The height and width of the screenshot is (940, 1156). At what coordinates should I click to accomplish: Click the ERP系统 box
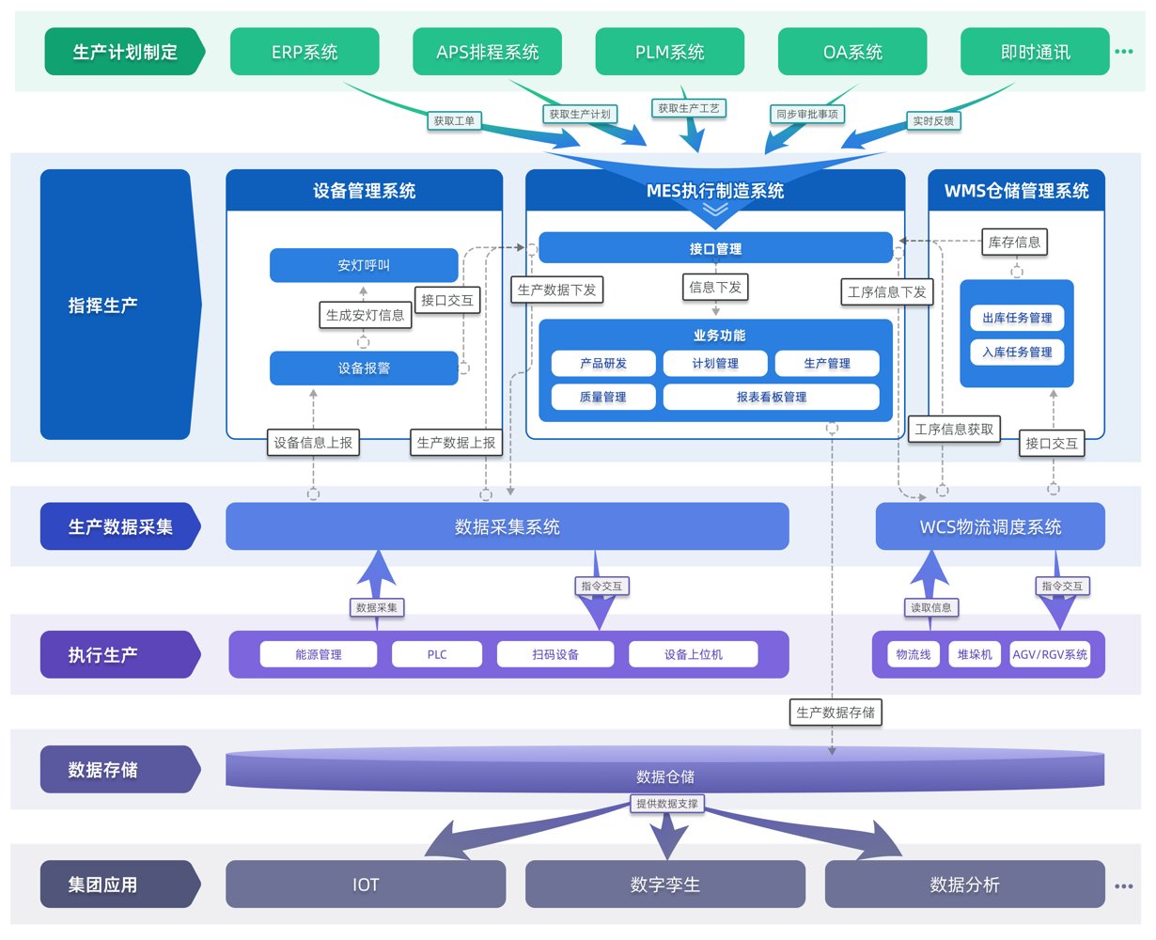[x=305, y=52]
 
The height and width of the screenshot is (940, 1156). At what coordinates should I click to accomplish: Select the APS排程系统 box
[x=487, y=52]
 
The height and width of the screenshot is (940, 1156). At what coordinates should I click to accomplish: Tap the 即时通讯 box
[x=1035, y=52]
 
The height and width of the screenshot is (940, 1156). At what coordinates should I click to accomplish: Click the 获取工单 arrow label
[x=454, y=120]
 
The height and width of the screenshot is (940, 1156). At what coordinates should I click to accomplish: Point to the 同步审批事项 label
[x=807, y=114]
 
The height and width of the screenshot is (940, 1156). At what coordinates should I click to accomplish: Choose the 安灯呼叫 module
[x=364, y=265]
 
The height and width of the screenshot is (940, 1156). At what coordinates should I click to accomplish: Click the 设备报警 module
[x=364, y=368]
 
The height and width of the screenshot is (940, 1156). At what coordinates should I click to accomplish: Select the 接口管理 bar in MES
[x=715, y=248]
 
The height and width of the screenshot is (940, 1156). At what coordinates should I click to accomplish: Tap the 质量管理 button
[x=603, y=397]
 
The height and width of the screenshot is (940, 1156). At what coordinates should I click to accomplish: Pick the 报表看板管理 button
[x=771, y=397]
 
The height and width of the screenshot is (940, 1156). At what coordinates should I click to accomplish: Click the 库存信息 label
[x=1014, y=242]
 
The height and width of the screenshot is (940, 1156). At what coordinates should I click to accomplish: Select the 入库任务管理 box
[x=1017, y=352]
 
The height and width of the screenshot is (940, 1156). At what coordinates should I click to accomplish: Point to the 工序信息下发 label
[x=886, y=292]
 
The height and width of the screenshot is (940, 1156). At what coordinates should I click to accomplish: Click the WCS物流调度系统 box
[x=990, y=525]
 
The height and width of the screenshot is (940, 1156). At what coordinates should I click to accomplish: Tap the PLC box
[x=437, y=654]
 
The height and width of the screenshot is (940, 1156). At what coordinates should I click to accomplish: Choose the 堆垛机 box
[x=975, y=654]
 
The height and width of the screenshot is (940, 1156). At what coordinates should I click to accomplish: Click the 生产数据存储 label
[x=836, y=713]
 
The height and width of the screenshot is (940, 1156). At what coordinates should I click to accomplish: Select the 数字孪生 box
[x=664, y=885]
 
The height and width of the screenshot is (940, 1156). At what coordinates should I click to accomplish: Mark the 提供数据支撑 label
[x=667, y=804]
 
